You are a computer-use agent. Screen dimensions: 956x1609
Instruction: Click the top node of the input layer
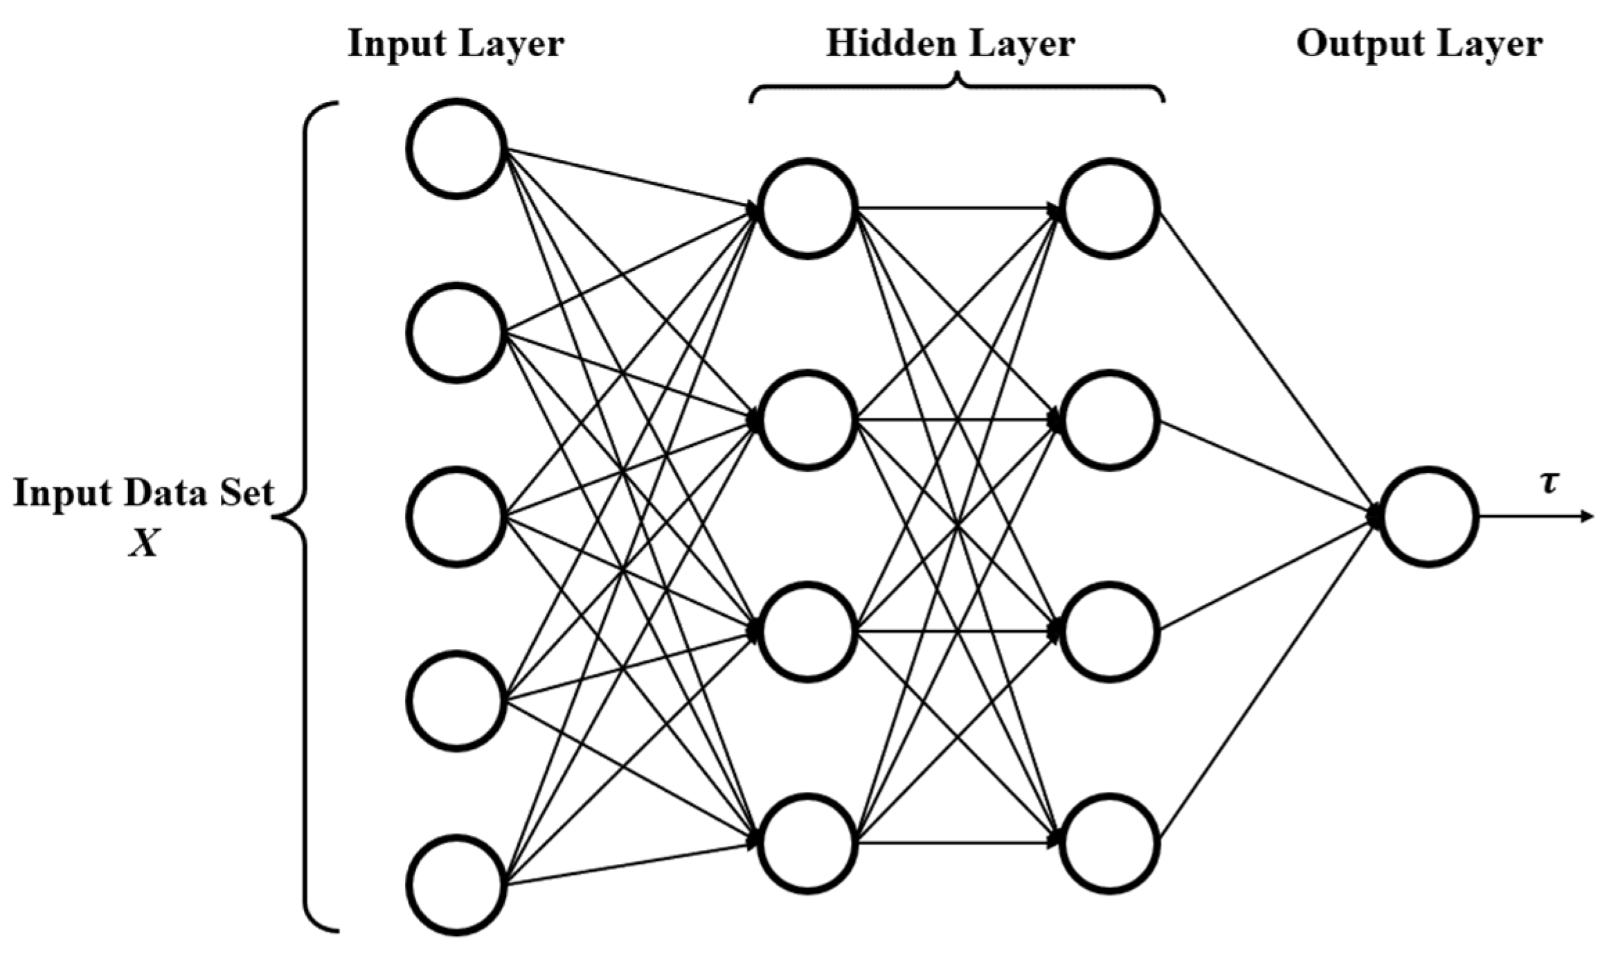pos(456,149)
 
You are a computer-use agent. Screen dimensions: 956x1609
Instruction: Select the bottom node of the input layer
pos(456,885)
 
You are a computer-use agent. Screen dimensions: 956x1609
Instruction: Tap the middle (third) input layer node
pos(456,517)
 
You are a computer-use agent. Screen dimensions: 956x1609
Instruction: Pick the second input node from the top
pos(456,333)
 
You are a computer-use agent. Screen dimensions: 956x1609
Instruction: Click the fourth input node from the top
pos(456,700)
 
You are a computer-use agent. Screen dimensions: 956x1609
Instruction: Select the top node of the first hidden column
pos(807,209)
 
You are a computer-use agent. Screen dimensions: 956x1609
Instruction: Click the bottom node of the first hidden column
pos(807,843)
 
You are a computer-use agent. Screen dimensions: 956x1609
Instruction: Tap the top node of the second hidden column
pos(1111,209)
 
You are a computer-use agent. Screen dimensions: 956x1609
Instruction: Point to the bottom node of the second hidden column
pos(1111,843)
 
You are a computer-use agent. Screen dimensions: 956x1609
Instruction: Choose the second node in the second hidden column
pos(1111,421)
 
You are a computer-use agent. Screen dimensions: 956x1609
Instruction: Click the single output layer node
pos(1429,517)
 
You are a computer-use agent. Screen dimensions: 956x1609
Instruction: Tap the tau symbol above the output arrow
pos(1548,483)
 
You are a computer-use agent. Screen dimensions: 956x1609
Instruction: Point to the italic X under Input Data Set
pos(144,544)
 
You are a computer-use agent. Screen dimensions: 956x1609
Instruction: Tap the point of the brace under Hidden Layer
pos(957,75)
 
